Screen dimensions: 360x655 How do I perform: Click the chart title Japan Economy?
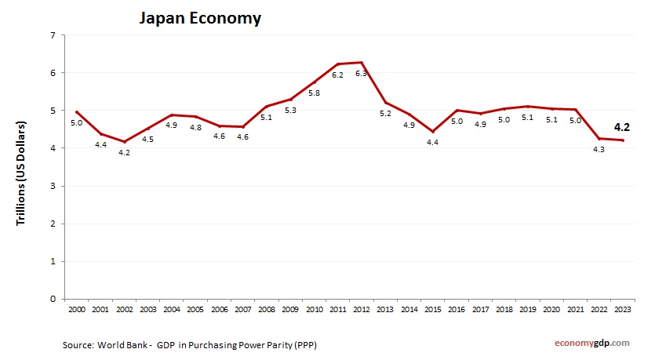[x=200, y=18]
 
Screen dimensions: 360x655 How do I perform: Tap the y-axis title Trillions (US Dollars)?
[x=21, y=167]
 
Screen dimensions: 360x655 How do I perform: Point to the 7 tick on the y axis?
[x=52, y=35]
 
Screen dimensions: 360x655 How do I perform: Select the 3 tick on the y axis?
[x=52, y=186]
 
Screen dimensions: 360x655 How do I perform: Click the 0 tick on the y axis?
[x=52, y=299]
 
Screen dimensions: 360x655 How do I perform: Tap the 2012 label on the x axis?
[x=362, y=311]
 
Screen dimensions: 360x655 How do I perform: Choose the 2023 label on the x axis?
[x=622, y=311]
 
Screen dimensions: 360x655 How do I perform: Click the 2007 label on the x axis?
[x=243, y=311]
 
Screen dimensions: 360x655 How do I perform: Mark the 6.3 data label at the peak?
[x=362, y=74]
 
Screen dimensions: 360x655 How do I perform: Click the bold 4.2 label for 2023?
[x=622, y=126]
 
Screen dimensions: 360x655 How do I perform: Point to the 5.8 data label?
[x=314, y=93]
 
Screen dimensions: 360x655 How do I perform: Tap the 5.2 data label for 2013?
[x=385, y=114]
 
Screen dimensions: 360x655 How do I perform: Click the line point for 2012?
[x=362, y=63]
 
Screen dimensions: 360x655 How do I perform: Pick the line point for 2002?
[x=125, y=142]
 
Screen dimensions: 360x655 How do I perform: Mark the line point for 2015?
[x=432, y=132]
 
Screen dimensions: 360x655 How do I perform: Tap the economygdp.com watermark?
[x=592, y=343]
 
